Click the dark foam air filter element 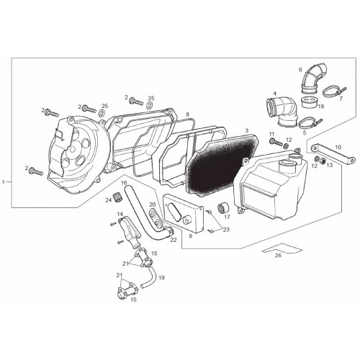pos(221,166)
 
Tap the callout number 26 pos(278,256)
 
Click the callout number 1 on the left pos(4,182)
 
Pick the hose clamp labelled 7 pos(333,92)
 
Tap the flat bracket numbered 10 pos(333,153)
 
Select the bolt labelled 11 pos(276,142)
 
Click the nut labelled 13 pos(323,161)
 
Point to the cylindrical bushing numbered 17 pos(223,208)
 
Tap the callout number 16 pos(124,183)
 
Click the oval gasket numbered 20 pos(156,217)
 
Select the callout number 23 pos(226,230)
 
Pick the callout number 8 pos(187,115)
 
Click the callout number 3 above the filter pos(246,131)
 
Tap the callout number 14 pos(120,214)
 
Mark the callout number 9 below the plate pos(190,236)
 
